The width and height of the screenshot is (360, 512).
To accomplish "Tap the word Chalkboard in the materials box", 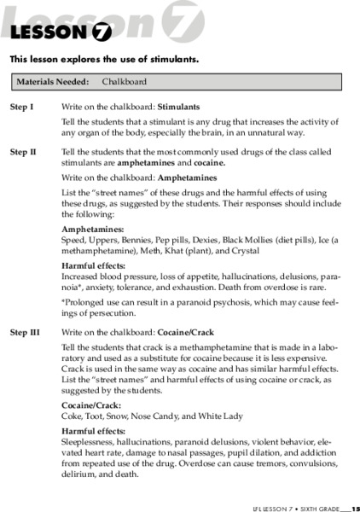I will [x=125, y=82].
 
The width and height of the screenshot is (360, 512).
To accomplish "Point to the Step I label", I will [x=21, y=108].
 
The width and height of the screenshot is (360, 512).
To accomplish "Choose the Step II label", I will [x=23, y=151].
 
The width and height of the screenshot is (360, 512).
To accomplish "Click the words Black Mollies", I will [x=238, y=241].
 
